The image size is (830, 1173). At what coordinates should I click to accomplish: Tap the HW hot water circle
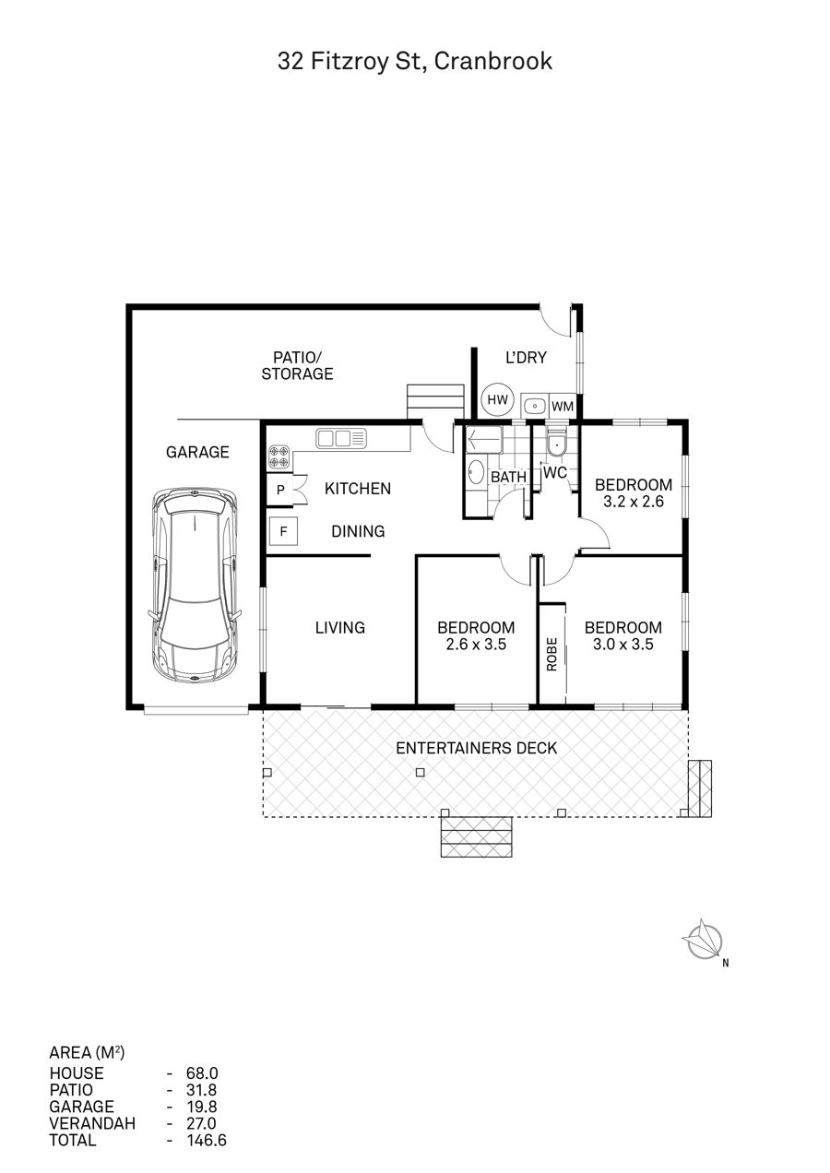click(x=497, y=400)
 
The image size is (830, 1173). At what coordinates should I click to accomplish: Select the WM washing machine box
click(x=563, y=406)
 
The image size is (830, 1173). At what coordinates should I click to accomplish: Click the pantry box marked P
click(x=280, y=490)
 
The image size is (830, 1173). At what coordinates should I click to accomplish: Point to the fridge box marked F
click(x=283, y=531)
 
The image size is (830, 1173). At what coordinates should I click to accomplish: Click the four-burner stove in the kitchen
click(x=279, y=456)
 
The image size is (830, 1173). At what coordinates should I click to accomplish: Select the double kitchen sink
click(x=341, y=438)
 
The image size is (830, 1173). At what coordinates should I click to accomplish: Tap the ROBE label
click(x=551, y=654)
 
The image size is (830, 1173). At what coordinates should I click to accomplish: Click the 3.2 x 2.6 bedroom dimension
click(x=633, y=502)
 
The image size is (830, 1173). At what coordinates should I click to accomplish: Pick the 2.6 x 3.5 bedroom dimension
click(x=476, y=644)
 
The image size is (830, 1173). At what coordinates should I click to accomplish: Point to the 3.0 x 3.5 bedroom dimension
click(x=623, y=644)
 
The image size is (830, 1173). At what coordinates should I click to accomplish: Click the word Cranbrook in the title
click(x=493, y=61)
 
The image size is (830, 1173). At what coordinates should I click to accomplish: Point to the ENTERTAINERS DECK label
click(x=476, y=748)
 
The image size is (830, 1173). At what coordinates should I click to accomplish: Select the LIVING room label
click(x=340, y=627)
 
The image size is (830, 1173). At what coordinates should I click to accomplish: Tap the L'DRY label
click(x=526, y=358)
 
